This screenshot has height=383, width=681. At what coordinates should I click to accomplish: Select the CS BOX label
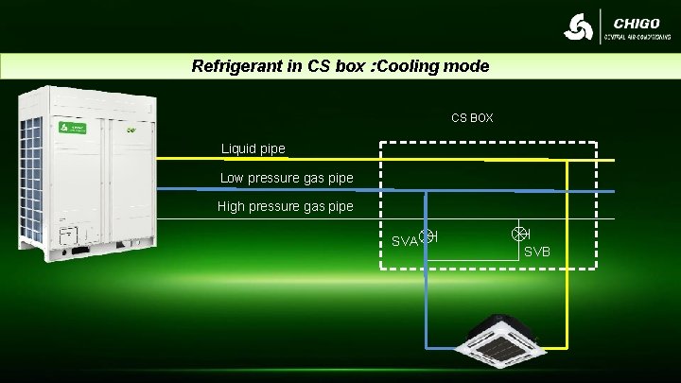click(472, 118)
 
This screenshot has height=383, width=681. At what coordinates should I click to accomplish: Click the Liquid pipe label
click(253, 148)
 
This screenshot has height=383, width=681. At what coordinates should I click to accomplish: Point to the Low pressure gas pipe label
click(287, 178)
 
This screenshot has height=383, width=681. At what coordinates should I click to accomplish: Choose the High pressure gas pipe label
click(285, 206)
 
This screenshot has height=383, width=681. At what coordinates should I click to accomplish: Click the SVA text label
click(404, 241)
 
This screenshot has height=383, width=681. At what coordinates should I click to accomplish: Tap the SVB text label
click(537, 251)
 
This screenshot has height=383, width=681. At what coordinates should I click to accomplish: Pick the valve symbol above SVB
click(518, 234)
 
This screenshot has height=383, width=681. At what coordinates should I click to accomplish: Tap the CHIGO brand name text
click(636, 23)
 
